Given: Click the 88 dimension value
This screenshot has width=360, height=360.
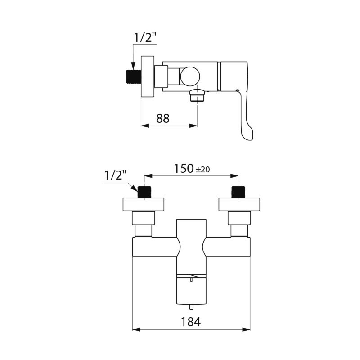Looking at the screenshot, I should click(x=163, y=118).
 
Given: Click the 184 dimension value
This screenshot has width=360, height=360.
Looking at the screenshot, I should click(x=190, y=322).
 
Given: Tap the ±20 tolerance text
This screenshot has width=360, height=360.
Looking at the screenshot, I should click(x=202, y=170).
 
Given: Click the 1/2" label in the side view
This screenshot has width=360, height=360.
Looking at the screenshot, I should click(x=145, y=38).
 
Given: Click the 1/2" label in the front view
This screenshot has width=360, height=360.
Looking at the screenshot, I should click(x=116, y=175).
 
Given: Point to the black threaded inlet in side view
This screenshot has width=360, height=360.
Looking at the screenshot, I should click(x=131, y=77).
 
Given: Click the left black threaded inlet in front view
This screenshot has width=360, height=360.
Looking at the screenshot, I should click(x=144, y=192).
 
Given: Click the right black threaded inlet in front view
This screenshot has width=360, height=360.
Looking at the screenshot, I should click(x=238, y=192).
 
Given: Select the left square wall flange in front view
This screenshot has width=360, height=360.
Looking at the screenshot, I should click(x=144, y=205).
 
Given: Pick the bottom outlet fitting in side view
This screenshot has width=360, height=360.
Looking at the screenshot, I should click(x=197, y=95).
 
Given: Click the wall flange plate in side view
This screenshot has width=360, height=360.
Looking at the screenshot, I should click(x=148, y=76).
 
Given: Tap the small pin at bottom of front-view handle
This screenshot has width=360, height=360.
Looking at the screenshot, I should click(x=191, y=307).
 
